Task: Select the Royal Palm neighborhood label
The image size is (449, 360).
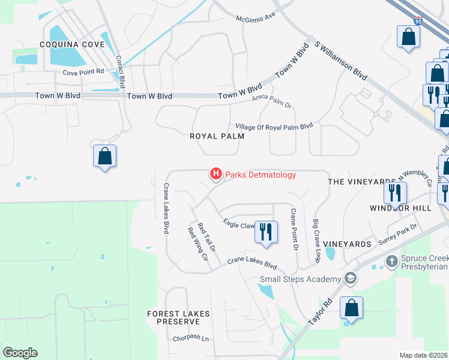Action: click(217, 136)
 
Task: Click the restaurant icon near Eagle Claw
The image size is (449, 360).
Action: click(266, 231)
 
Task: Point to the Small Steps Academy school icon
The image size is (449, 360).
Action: click(350, 279)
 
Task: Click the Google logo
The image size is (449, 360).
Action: click(20, 353)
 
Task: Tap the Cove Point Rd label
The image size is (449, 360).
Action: click(83, 72)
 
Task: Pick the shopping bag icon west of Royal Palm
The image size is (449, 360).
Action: click(104, 157)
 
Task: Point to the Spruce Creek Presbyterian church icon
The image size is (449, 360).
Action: click(391, 262)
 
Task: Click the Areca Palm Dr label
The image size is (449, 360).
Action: click(271, 101)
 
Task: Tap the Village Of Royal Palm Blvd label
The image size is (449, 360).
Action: click(274, 127)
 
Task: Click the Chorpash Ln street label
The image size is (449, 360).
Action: click(190, 339)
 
